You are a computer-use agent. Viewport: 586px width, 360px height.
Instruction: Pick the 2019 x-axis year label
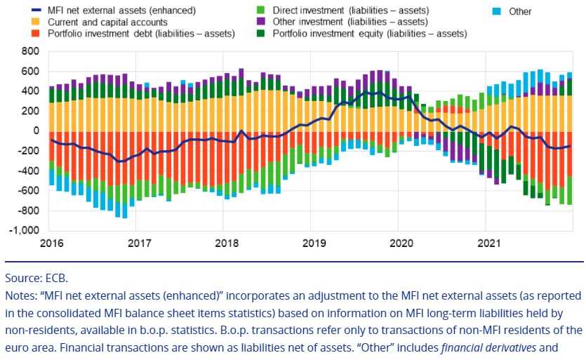click(x=313, y=244)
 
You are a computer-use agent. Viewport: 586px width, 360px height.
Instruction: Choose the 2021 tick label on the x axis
click(x=488, y=244)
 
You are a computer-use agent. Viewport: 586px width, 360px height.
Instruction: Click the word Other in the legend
click(x=520, y=11)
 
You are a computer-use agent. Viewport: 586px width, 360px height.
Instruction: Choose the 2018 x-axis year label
click(x=226, y=244)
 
